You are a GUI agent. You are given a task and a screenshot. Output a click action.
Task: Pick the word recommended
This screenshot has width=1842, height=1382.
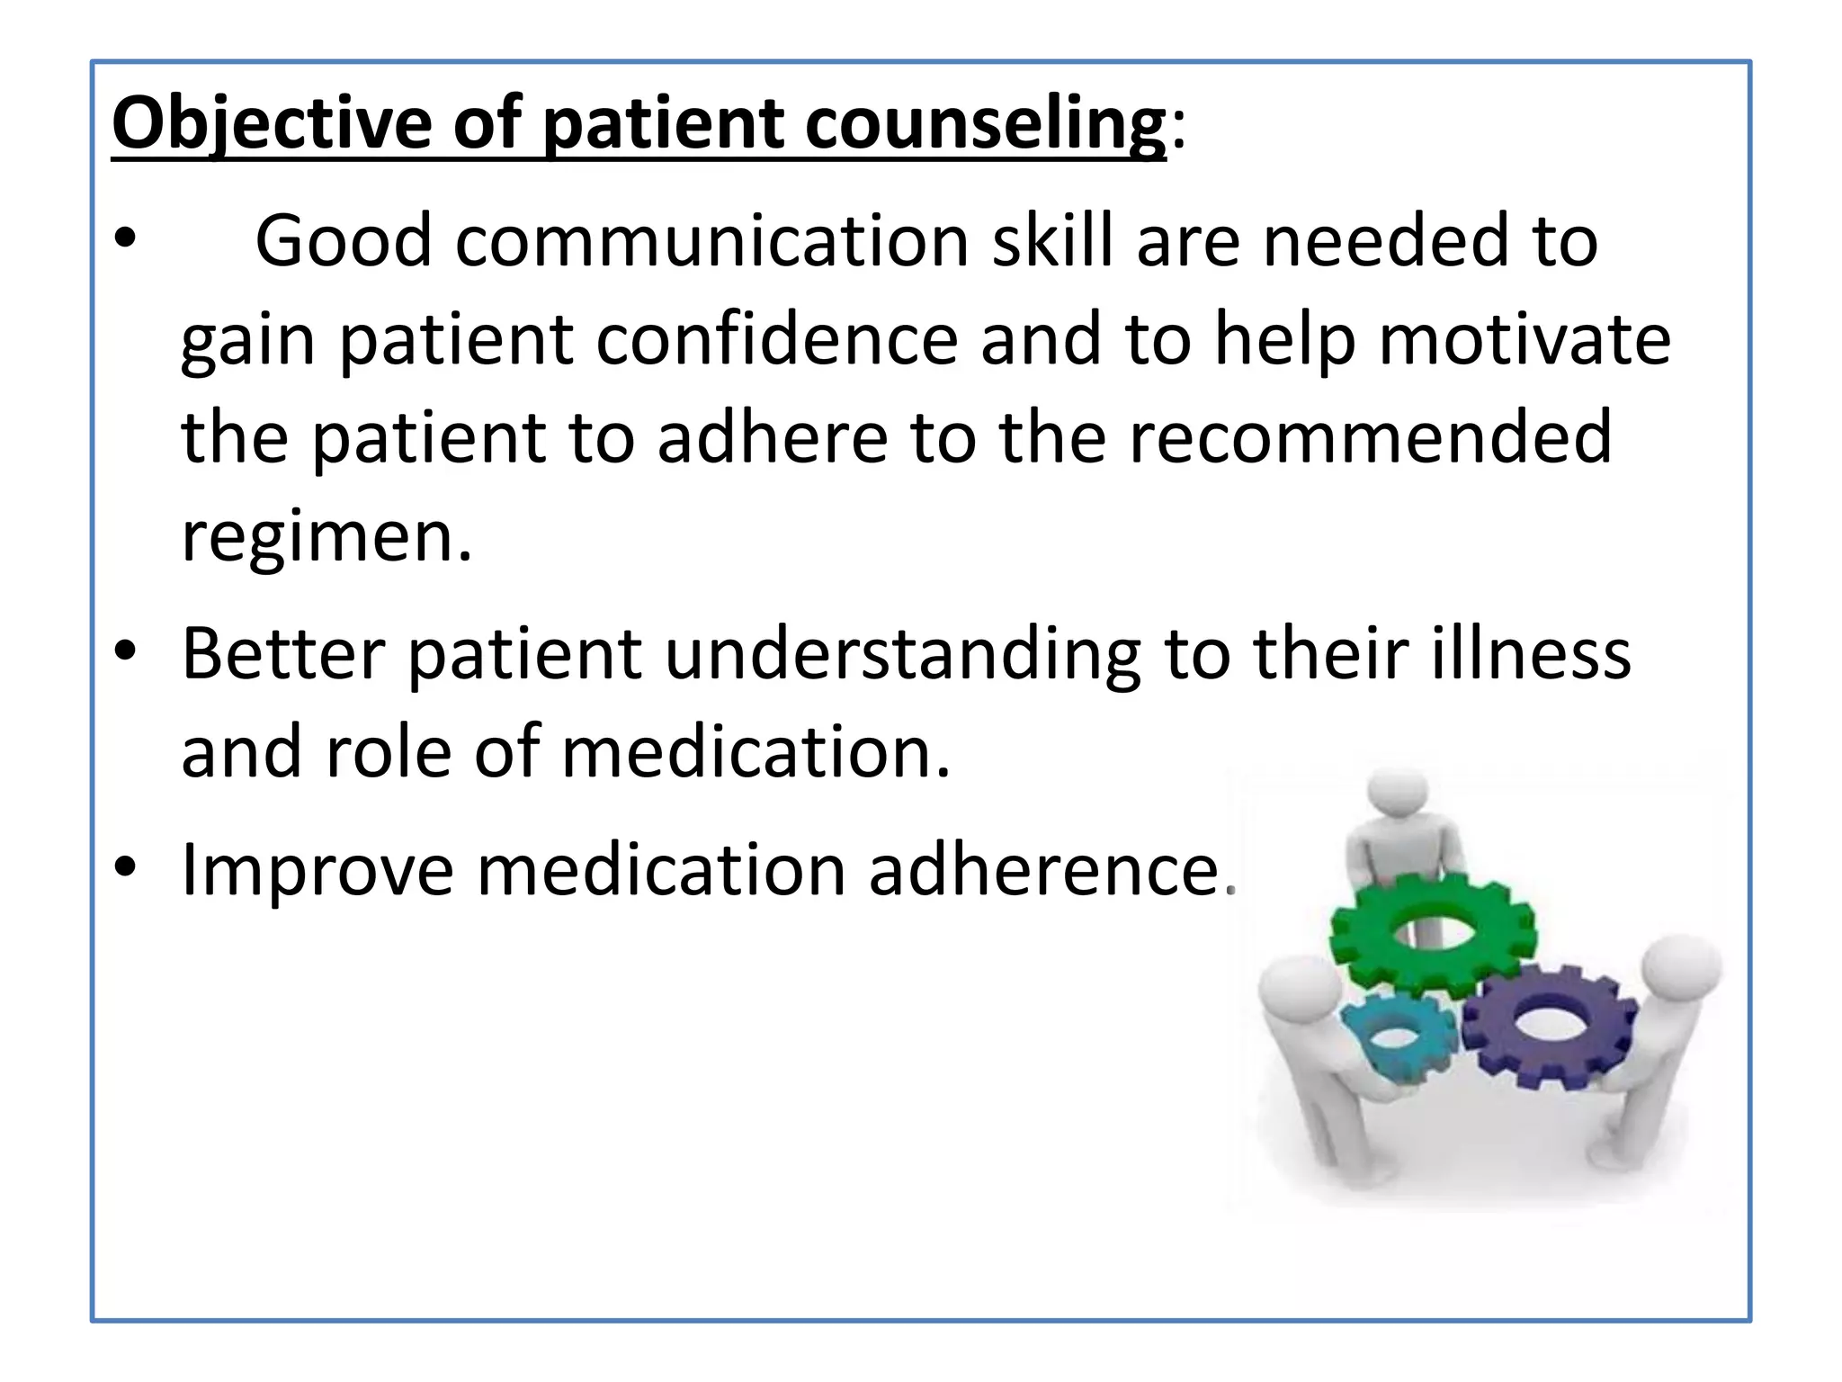click(x=1370, y=437)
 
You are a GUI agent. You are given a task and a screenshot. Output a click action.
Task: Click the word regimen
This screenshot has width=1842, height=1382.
click(x=326, y=536)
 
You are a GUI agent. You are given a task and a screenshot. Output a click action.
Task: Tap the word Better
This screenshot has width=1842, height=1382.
click(x=283, y=653)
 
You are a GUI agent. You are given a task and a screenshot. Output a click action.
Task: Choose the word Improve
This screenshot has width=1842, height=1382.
click(x=317, y=870)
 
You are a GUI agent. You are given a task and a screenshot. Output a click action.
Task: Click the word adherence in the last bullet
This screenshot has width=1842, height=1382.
click(x=1044, y=870)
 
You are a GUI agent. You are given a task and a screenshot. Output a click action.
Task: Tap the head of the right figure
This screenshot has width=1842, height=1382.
click(x=1680, y=969)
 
